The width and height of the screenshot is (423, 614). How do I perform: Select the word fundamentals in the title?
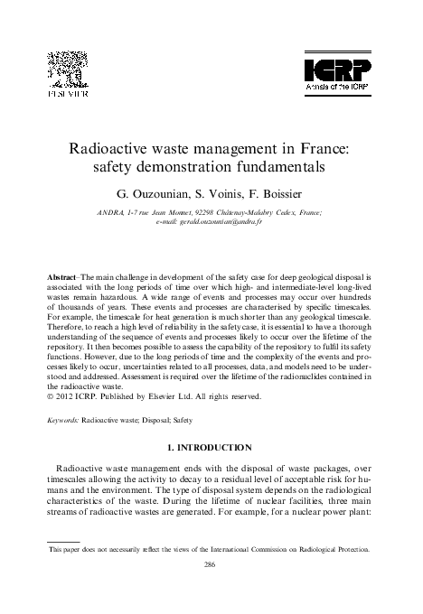(x=271, y=168)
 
